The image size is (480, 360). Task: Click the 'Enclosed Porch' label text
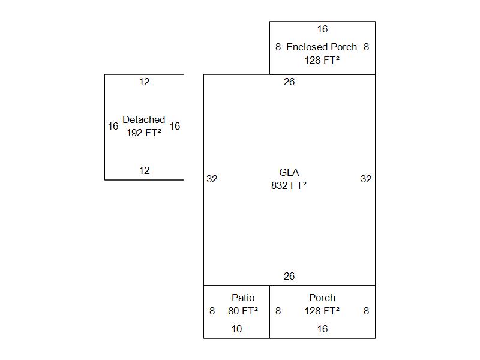point(322,47)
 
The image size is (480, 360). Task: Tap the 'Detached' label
point(144,119)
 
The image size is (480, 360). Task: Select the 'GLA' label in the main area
point(289,172)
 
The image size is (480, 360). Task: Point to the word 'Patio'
point(243,298)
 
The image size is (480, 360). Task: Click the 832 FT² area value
point(289,186)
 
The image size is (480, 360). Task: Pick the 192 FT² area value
point(144,133)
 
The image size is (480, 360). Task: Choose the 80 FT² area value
point(243,311)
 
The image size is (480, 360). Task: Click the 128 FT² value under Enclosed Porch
point(322,60)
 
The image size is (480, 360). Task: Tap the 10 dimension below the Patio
point(237,329)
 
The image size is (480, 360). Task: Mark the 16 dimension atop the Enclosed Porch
point(322,29)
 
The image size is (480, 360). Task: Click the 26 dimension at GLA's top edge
point(289,82)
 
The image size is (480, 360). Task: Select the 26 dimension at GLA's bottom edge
point(289,276)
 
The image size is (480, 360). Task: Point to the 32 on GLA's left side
point(212,179)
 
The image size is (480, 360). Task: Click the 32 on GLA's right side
point(366,179)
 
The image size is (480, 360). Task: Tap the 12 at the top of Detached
point(144,82)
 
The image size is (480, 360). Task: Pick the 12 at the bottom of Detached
point(144,170)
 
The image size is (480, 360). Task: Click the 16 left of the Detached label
point(113,126)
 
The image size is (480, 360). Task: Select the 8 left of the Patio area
point(212,311)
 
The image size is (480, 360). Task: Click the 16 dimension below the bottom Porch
point(322,329)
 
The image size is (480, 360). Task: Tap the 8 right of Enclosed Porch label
point(366,47)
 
